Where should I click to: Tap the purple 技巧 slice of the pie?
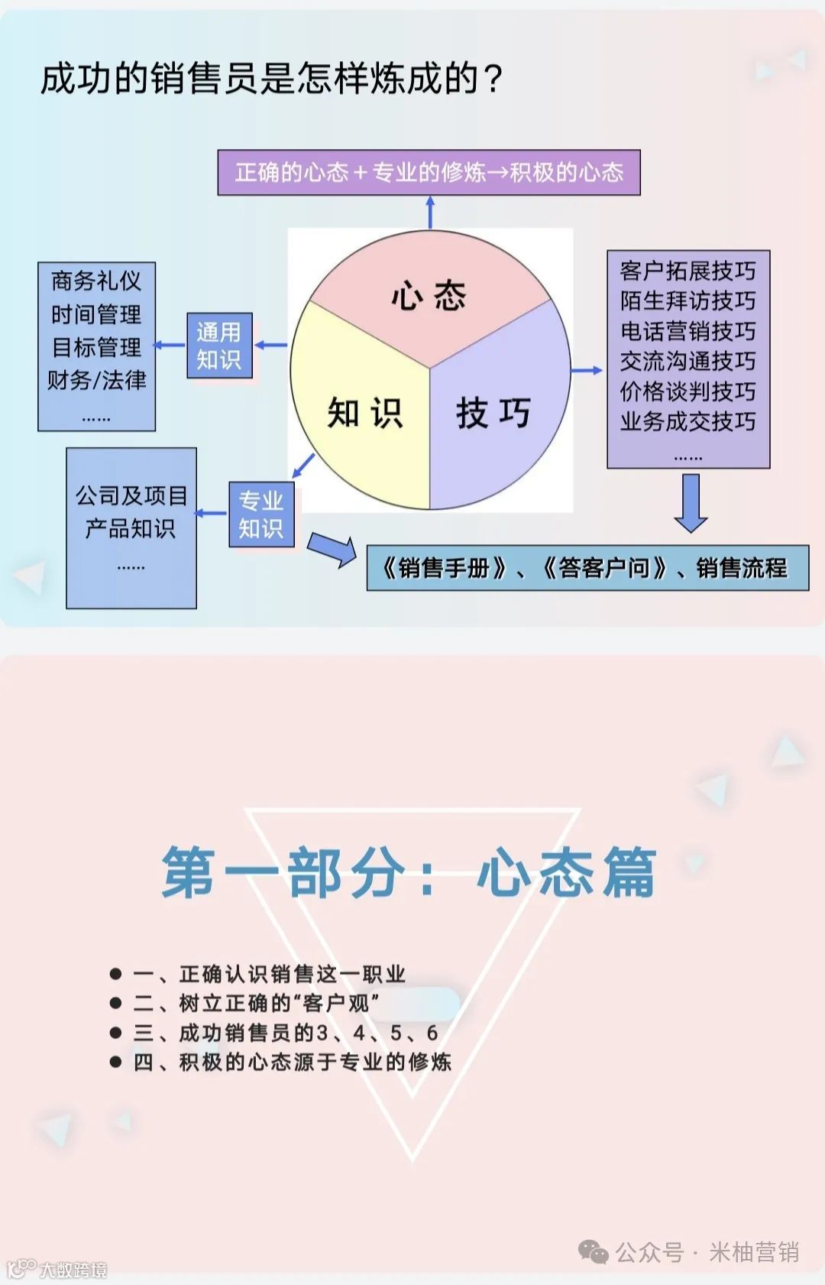click(x=493, y=413)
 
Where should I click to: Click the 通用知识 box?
click(x=219, y=346)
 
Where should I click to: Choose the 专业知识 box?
click(x=261, y=514)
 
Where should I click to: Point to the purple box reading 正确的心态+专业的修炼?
click(x=429, y=173)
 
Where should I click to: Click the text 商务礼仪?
click(x=96, y=281)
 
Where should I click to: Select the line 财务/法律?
click(x=96, y=380)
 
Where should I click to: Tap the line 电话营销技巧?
click(x=687, y=331)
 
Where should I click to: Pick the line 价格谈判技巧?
click(x=687, y=391)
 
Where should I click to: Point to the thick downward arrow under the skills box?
click(x=691, y=503)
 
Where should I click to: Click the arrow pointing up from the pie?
click(x=430, y=212)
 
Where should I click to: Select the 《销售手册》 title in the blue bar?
click(x=445, y=568)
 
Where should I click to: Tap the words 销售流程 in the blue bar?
click(x=741, y=568)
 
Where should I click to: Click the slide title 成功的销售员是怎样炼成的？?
click(x=272, y=79)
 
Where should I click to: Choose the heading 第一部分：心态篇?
click(x=409, y=872)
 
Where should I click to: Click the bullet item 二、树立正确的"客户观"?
click(x=256, y=1003)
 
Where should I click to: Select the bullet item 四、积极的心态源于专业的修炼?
click(x=292, y=1062)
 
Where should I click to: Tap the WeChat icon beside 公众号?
click(x=593, y=1251)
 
